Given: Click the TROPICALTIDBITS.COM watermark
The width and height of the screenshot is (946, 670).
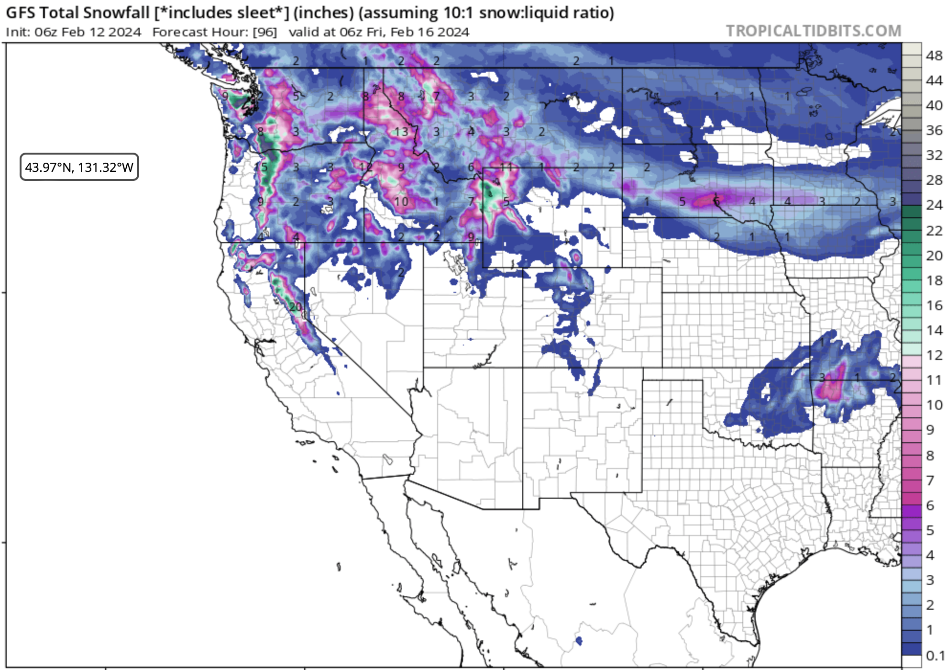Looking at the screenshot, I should tap(813, 31).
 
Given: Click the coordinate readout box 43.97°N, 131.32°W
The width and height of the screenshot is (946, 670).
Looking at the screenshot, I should tap(79, 167).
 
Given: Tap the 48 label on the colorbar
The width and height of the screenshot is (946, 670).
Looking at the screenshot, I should tap(934, 56).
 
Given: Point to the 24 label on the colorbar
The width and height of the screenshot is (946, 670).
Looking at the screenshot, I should tap(934, 205).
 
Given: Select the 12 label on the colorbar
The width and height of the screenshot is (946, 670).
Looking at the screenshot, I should tap(934, 355).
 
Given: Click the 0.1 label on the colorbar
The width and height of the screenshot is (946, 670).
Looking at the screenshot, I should tap(935, 655).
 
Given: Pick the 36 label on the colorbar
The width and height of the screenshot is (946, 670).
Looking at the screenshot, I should tap(934, 130).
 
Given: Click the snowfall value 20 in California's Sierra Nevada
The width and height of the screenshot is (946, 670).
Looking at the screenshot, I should tap(296, 306).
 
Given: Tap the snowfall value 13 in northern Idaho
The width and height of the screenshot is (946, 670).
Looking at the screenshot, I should tap(401, 132).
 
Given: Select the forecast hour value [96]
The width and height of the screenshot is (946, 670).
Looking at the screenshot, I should tap(264, 32).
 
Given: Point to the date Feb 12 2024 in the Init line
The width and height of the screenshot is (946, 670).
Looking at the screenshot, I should tap(101, 32).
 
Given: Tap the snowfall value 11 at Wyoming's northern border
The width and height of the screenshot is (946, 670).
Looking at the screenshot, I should tap(506, 167).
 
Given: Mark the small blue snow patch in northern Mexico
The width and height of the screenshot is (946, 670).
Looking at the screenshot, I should tap(579, 640).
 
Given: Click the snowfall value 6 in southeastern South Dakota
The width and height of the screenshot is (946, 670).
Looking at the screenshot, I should tap(716, 201).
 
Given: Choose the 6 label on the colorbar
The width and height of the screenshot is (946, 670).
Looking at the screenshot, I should tap(930, 505).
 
